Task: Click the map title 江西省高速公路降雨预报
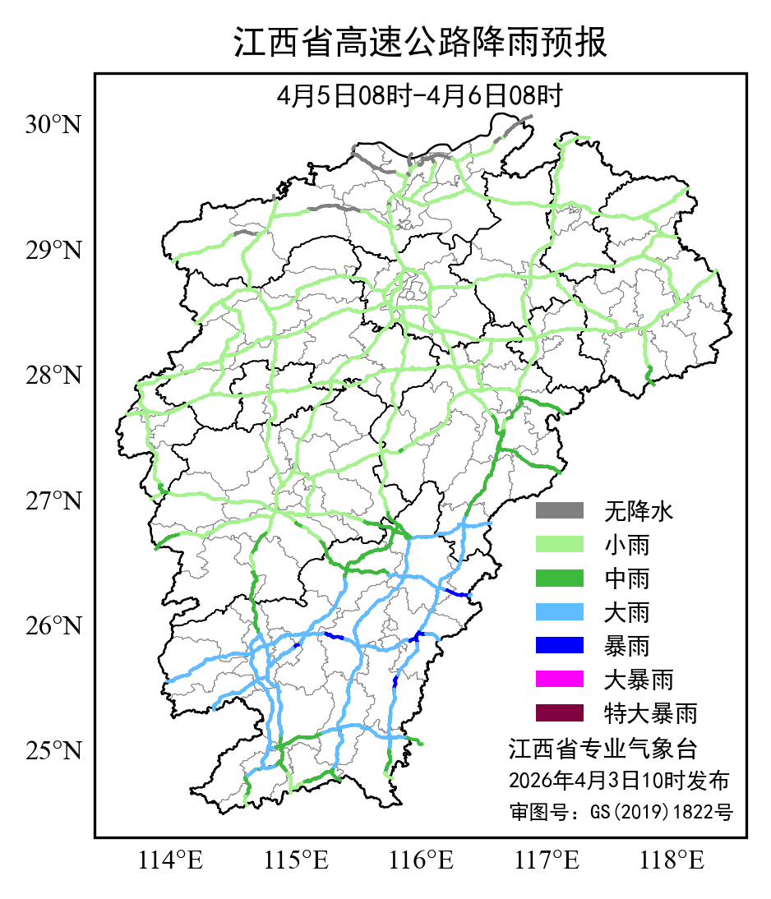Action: pyautogui.click(x=420, y=44)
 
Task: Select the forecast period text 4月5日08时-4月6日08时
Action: pyautogui.click(x=420, y=96)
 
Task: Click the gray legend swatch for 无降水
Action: pyautogui.click(x=559, y=511)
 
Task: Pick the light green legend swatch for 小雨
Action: pyautogui.click(x=559, y=545)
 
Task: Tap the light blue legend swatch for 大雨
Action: pyautogui.click(x=559, y=612)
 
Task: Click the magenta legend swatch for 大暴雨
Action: pyautogui.click(x=559, y=679)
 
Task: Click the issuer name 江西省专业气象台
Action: pyautogui.click(x=602, y=749)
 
